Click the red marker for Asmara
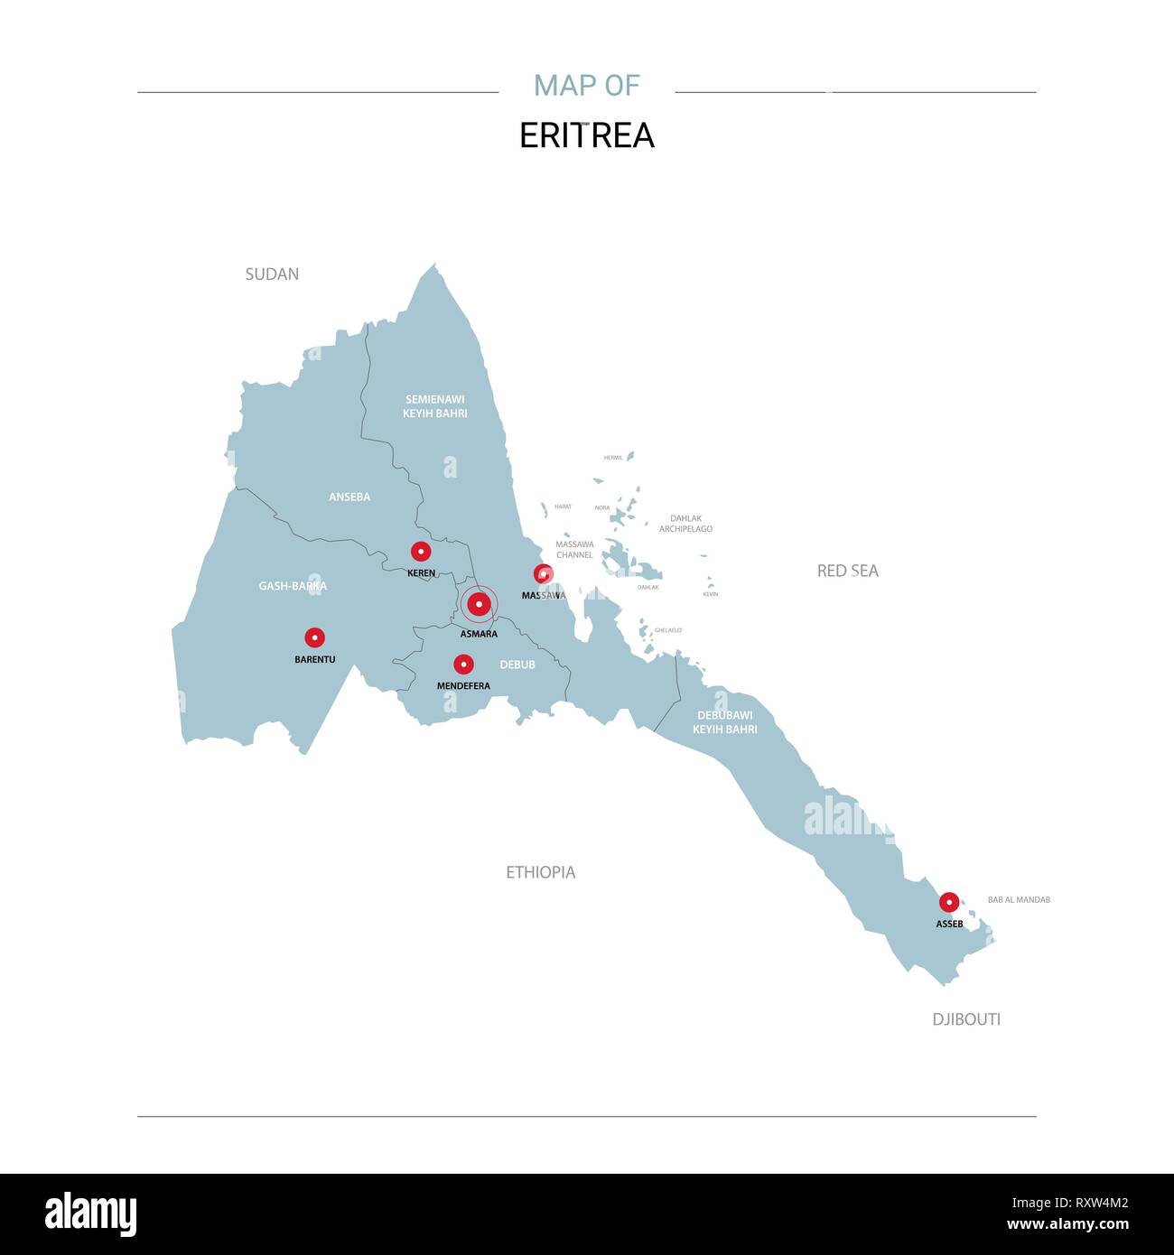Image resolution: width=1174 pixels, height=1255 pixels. pos(479,604)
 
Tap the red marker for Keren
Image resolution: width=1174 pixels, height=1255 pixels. pos(421,552)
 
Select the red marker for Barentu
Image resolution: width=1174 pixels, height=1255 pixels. pos(314,637)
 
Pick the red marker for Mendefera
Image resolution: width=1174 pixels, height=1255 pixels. pos(463,665)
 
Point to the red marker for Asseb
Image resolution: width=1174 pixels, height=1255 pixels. pos(949,902)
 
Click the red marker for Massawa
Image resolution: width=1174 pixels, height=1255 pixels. pos(543,573)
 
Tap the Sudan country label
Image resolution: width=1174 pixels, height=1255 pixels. pos(272,274)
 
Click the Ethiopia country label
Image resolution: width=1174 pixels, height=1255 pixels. pos(540,872)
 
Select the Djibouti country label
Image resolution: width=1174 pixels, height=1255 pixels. pos(966,1019)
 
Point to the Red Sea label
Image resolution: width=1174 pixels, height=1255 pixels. pos(847,571)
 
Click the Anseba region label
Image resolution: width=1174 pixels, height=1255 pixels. pos(349,497)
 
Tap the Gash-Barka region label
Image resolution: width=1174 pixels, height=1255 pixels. pos(293,586)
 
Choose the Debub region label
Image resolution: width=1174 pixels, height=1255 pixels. pos(517,665)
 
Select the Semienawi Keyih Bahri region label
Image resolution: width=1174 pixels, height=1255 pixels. pos(435,406)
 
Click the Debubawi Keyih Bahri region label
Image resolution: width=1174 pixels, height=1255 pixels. pos(725,722)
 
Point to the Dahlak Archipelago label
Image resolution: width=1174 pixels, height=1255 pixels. pos(685,524)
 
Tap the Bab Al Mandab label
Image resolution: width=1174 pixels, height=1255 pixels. pos(1019,900)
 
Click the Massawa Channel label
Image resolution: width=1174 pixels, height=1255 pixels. pos(574,550)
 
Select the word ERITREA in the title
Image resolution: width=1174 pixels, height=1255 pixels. pos(587,135)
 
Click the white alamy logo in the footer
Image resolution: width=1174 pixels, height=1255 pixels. pos(91,1214)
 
